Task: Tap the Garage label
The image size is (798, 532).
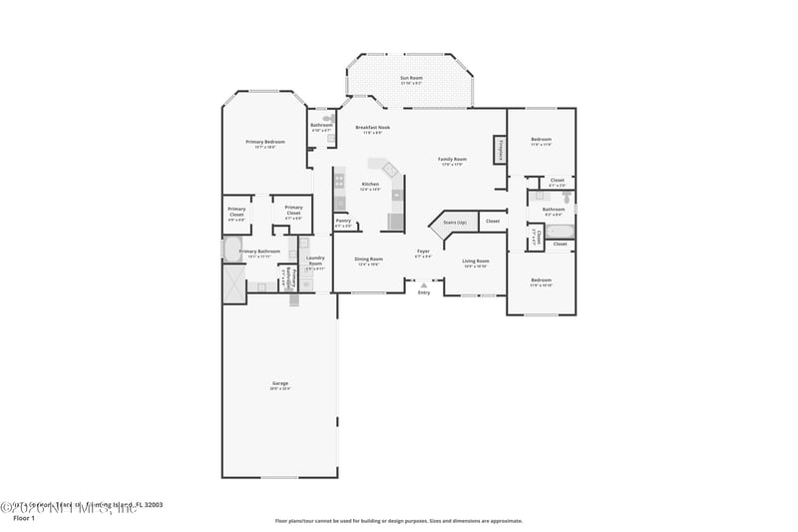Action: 280,384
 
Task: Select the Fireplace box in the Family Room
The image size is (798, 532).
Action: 499,149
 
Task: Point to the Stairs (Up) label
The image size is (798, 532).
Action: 455,222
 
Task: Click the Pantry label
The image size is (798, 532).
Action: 342,223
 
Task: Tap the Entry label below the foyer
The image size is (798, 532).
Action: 424,291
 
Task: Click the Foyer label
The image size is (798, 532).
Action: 424,253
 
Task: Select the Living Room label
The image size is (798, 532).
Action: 475,263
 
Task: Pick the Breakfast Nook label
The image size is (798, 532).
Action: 373,129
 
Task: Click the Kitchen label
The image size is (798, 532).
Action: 370,186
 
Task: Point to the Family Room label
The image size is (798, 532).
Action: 453,161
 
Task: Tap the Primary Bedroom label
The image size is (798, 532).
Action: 265,144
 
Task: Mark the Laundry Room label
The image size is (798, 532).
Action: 315,260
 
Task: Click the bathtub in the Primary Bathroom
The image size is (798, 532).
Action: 231,249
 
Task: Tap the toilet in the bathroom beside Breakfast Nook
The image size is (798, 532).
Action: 326,118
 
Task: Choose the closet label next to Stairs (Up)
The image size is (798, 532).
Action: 493,222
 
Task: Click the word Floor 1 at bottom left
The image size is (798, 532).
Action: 24,518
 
